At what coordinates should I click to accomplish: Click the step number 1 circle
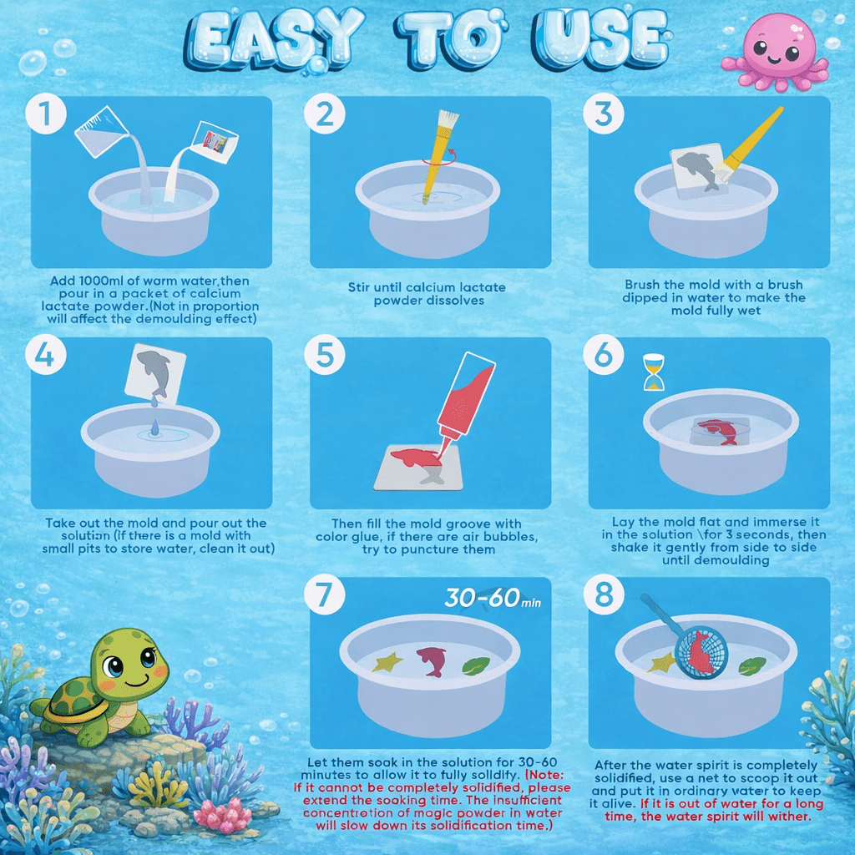click(45, 116)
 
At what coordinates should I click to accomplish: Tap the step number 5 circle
click(325, 357)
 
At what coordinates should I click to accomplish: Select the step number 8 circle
click(604, 596)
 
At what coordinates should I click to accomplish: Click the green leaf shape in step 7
click(476, 666)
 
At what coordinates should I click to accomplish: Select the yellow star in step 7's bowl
click(387, 663)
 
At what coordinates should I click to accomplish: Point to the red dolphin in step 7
click(432, 660)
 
